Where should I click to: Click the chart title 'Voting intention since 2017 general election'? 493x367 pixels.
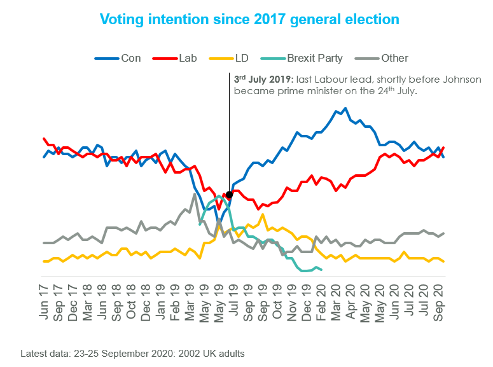click(x=249, y=19)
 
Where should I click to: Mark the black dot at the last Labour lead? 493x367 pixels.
click(x=229, y=197)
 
